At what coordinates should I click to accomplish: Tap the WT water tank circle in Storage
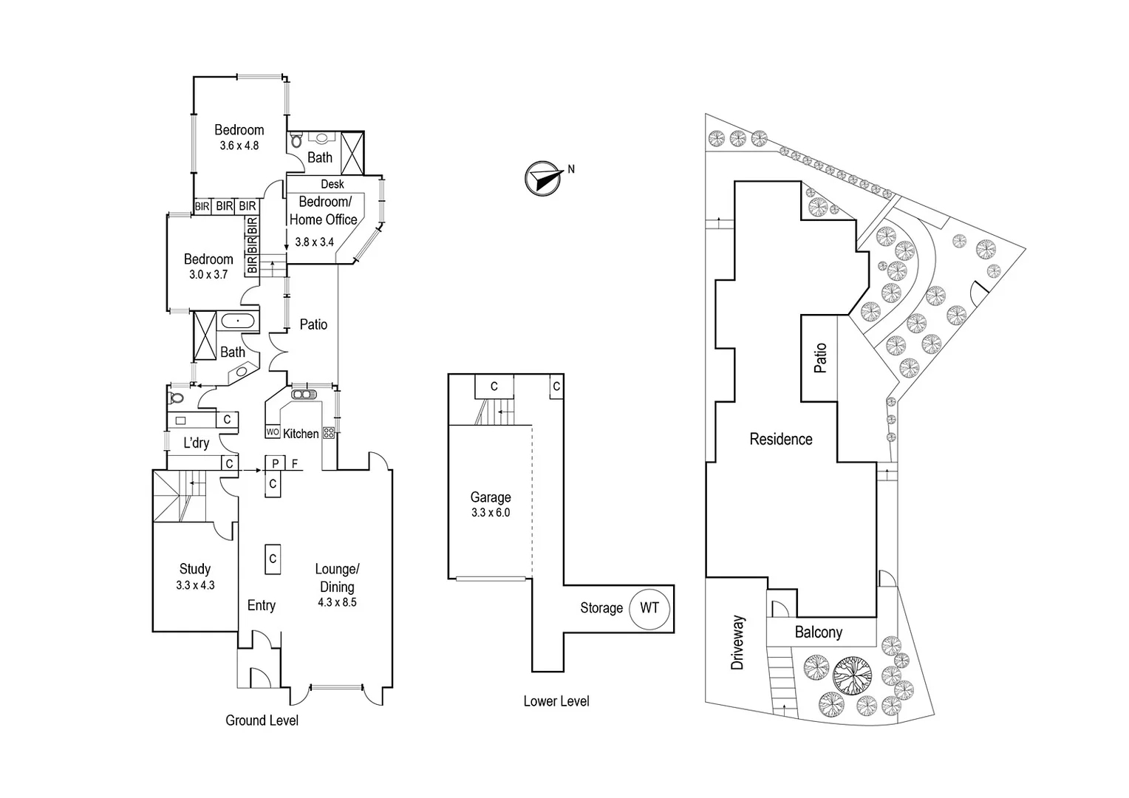[649, 608]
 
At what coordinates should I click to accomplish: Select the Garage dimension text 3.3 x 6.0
[491, 512]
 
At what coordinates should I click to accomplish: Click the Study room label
[195, 569]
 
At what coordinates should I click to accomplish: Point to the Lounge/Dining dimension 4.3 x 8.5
[337, 602]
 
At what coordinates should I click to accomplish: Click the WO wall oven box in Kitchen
[273, 432]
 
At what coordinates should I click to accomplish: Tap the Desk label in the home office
[332, 184]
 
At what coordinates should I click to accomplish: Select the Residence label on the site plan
[780, 439]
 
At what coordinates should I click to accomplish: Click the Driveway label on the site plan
[737, 642]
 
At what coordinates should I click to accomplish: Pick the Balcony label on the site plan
[818, 632]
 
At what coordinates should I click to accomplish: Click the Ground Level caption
[262, 720]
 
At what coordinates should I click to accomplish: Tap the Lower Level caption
[556, 701]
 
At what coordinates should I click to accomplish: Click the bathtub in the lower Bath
[237, 321]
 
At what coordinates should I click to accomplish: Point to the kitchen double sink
[303, 395]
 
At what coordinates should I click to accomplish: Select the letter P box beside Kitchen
[275, 463]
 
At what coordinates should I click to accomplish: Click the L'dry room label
[196, 443]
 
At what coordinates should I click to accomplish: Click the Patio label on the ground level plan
[313, 324]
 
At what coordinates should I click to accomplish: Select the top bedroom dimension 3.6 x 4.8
[239, 146]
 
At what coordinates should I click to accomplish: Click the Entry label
[261, 605]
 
